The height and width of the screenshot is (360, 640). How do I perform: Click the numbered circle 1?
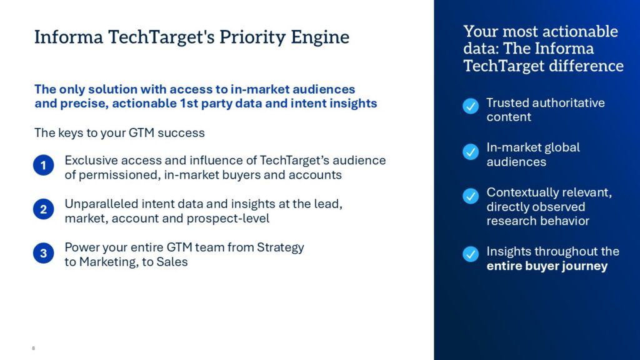(44, 165)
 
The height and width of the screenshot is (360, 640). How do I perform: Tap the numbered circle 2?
(44, 209)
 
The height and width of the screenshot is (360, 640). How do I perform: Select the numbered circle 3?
(44, 253)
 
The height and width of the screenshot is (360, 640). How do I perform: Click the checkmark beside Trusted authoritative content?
(471, 106)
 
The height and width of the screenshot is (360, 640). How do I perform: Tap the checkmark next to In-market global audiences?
(471, 152)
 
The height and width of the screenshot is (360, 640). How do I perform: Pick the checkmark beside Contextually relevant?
(471, 196)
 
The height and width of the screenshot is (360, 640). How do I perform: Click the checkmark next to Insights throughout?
(471, 254)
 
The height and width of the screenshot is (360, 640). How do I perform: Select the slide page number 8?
(34, 348)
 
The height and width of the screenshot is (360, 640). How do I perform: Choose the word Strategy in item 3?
(281, 247)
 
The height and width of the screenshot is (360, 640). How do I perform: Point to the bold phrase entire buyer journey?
(547, 266)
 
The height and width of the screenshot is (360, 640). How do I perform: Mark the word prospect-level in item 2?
(227, 218)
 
